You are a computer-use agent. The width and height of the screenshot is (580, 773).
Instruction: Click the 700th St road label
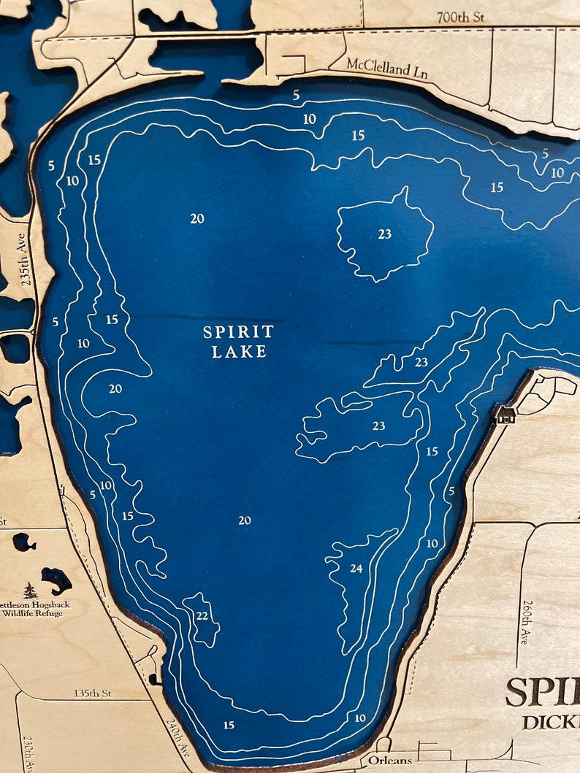pyautogui.click(x=461, y=16)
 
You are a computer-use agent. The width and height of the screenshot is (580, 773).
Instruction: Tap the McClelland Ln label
pyautogui.click(x=378, y=68)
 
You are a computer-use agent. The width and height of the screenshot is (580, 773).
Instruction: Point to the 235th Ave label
pyautogui.click(x=28, y=258)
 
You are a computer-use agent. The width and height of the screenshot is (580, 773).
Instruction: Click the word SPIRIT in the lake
pyautogui.click(x=238, y=332)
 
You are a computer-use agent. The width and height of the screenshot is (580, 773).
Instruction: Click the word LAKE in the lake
pyautogui.click(x=239, y=351)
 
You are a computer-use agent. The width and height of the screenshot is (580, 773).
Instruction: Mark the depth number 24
pyautogui.click(x=356, y=568)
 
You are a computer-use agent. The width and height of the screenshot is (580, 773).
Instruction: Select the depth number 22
pyautogui.click(x=202, y=615)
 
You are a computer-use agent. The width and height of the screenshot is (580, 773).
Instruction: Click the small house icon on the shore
pyautogui.click(x=505, y=415)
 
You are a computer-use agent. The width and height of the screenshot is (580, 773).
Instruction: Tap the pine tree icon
pyautogui.click(x=30, y=591)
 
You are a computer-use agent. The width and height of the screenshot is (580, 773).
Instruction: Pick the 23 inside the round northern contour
pyautogui.click(x=385, y=234)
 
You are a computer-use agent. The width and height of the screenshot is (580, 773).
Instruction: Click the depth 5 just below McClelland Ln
pyautogui.click(x=296, y=95)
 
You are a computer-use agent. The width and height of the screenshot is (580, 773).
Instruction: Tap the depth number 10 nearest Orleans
pyautogui.click(x=360, y=718)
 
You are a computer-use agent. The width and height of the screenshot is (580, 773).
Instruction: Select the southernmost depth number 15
pyautogui.click(x=229, y=725)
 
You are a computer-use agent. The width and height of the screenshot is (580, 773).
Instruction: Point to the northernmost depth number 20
pyautogui.click(x=197, y=218)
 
